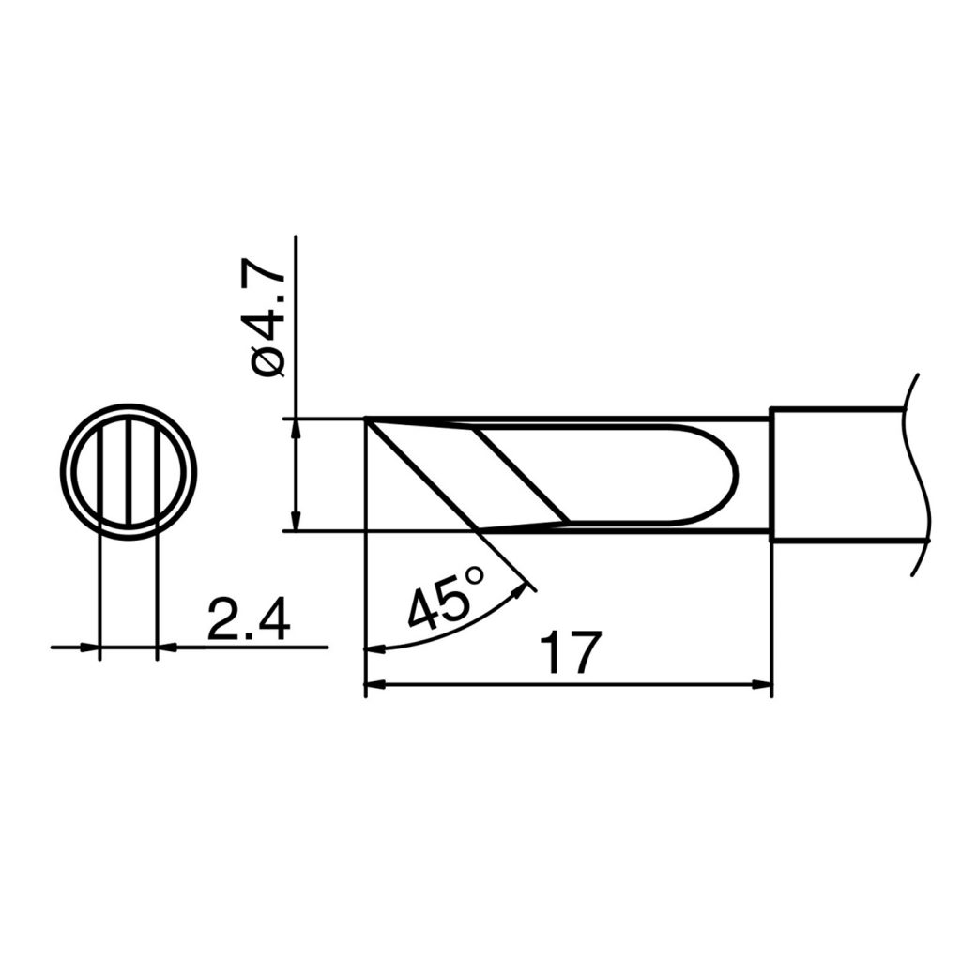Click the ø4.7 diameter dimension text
(266, 319)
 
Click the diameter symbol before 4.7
(267, 362)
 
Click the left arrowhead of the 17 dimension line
(374, 686)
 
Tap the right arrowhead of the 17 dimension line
(761, 686)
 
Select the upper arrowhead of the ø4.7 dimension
(296, 428)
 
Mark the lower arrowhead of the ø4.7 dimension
(296, 521)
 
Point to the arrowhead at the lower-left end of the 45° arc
(374, 648)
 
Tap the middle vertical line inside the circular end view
(128, 472)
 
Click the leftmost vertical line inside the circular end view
(99, 472)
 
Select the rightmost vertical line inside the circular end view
(156, 472)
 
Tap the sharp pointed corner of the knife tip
(367, 421)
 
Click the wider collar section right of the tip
(835, 474)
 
